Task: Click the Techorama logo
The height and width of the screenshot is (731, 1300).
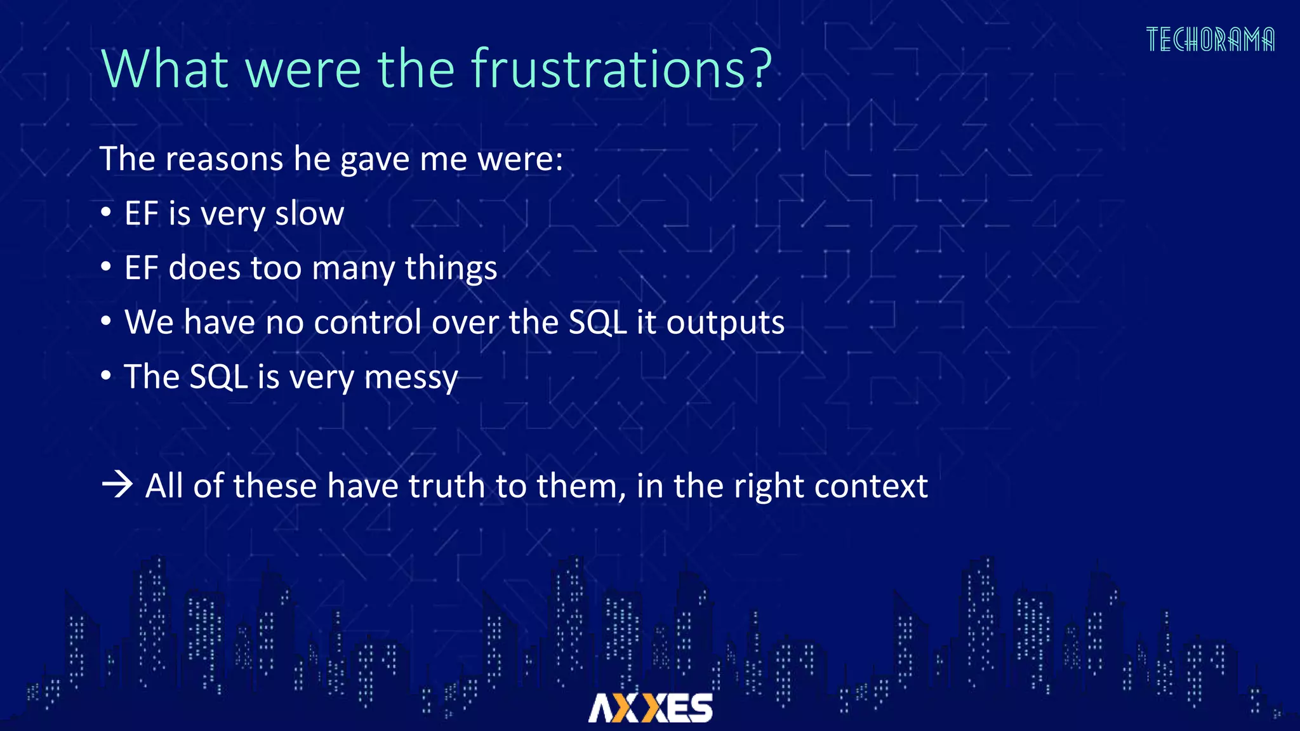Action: point(1210,40)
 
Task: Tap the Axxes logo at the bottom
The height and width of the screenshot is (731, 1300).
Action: point(651,708)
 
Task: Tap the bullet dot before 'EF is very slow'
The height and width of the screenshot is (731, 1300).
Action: point(106,212)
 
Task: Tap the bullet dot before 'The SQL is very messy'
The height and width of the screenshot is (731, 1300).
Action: point(106,375)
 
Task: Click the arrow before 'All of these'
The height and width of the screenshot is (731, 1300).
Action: point(117,486)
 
